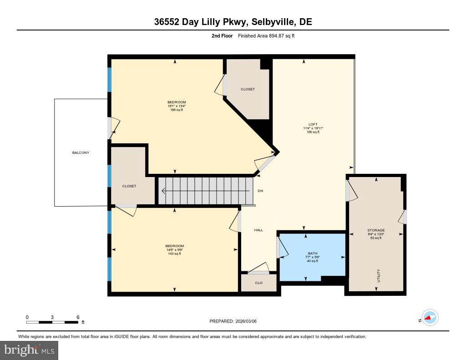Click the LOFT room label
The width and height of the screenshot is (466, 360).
(x=313, y=124)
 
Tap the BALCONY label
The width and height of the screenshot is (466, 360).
(x=81, y=152)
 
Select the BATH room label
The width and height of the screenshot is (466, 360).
(x=312, y=253)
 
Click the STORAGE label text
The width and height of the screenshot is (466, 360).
(x=376, y=230)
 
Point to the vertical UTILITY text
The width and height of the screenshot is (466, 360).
(x=378, y=276)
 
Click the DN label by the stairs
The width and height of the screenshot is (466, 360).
(x=260, y=191)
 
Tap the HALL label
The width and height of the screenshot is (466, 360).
(x=258, y=230)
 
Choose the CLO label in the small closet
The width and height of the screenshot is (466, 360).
(x=258, y=283)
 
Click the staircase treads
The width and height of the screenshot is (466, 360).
(x=205, y=191)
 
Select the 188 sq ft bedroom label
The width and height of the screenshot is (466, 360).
(x=177, y=102)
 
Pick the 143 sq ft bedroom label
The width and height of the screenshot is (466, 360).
(x=175, y=246)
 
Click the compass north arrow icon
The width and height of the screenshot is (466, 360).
(x=429, y=317)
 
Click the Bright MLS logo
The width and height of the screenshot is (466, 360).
(x=29, y=350)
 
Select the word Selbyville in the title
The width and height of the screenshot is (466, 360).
(x=261, y=22)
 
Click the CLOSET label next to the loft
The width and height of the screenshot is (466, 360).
(x=248, y=89)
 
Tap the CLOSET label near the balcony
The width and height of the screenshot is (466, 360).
(x=129, y=186)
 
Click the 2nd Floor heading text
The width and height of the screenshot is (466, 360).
(x=222, y=35)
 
